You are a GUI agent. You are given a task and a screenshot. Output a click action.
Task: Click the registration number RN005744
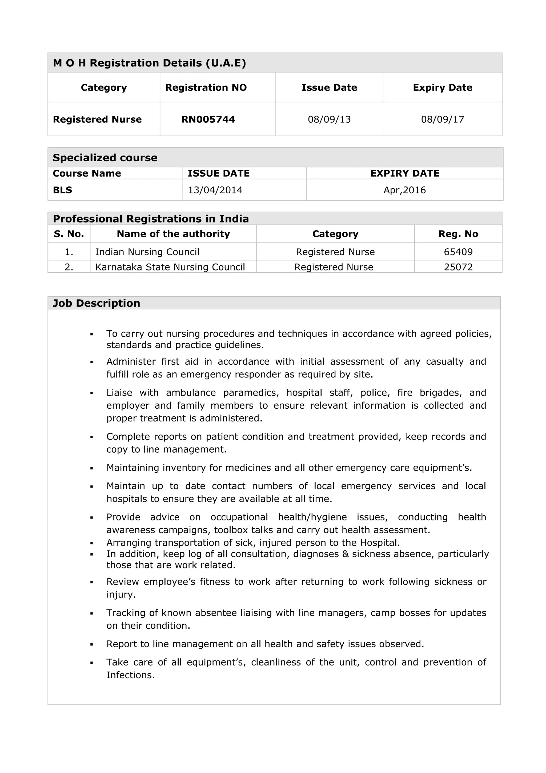point(208,119)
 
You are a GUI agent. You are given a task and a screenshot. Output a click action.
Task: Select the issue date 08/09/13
point(329,119)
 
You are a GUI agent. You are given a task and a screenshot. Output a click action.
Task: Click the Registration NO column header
point(206,87)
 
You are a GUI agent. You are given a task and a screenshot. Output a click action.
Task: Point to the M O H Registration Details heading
point(149,63)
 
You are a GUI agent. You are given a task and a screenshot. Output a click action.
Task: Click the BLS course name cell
point(63,190)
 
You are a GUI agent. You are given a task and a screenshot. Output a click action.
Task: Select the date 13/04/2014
point(215,190)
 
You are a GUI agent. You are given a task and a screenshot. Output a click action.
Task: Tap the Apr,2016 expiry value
point(404,190)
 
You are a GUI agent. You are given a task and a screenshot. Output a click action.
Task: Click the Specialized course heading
point(105,158)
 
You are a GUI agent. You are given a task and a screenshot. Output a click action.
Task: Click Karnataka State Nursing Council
point(170,267)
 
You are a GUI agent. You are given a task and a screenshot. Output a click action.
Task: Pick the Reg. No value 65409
point(458,252)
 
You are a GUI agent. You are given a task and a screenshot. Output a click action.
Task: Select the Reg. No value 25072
point(458,267)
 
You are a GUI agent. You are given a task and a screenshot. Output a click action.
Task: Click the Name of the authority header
point(173,234)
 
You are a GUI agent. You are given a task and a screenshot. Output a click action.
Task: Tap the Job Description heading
point(96,303)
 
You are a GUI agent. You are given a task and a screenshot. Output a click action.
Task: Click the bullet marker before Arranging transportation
point(91,543)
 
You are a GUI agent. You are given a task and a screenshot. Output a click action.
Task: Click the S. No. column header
point(69,234)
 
